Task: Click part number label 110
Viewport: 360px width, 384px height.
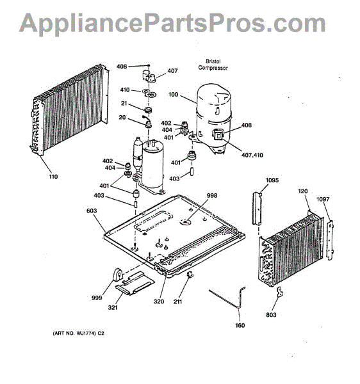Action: tap(53, 177)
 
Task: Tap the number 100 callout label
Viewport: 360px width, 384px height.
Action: tap(173, 94)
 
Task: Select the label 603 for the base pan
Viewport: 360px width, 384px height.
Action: tap(92, 211)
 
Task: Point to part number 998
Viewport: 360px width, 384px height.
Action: tap(212, 195)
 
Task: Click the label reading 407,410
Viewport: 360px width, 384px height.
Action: tap(252, 155)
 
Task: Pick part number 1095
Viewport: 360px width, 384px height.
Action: tap(272, 180)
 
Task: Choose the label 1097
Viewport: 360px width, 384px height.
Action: tap(323, 199)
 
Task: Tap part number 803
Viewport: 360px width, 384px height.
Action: tap(271, 315)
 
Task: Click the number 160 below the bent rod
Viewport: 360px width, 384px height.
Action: tap(240, 325)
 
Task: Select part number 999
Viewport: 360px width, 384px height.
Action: tap(97, 298)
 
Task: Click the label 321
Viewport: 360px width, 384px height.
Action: tap(113, 307)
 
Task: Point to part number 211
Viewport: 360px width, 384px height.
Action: tap(177, 301)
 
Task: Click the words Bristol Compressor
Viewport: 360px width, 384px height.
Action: tap(213, 65)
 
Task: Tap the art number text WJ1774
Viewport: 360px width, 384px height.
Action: tap(86, 333)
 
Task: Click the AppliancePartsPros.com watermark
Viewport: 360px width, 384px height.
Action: tap(172, 23)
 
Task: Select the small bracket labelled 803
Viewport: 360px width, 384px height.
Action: tap(280, 292)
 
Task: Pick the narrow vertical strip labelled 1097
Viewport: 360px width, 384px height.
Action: tap(330, 240)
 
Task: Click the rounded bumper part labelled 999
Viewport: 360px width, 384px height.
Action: tap(118, 275)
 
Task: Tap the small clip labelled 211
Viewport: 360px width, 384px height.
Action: tap(190, 275)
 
